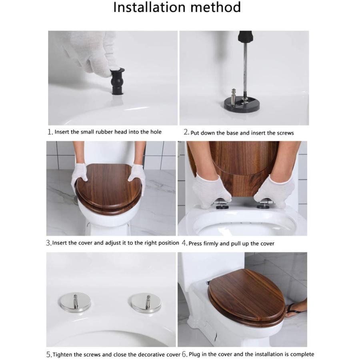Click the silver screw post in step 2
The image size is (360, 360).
click(x=235, y=96)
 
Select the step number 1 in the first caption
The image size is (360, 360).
click(x=50, y=132)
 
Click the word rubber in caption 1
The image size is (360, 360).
click(x=105, y=132)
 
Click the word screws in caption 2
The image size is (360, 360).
click(x=284, y=133)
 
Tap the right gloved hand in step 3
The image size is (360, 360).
click(x=137, y=178)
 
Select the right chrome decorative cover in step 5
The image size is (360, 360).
click(x=146, y=303)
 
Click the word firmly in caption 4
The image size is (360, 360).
click(x=212, y=243)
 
